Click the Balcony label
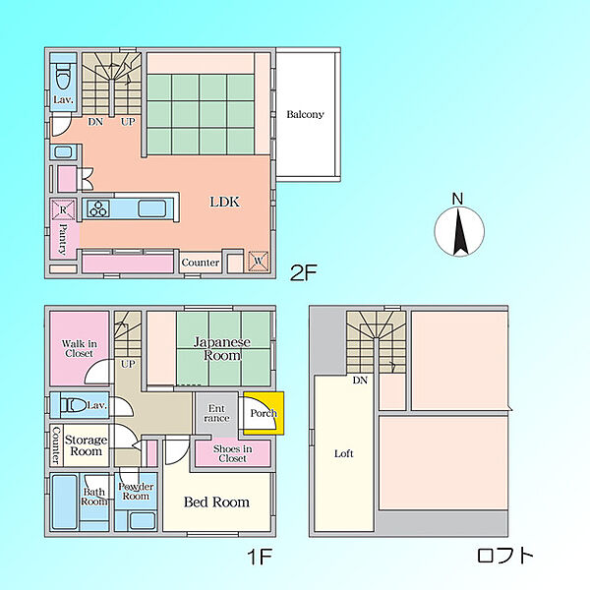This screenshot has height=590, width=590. pyautogui.click(x=305, y=114)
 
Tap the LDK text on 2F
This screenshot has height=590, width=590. pyautogui.click(x=224, y=202)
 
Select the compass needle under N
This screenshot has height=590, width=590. pyautogui.click(x=459, y=232)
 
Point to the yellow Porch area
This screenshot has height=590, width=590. pyautogui.click(x=264, y=413)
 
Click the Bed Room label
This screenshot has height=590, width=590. pyautogui.click(x=216, y=501)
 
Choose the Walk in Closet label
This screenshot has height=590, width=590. pyautogui.click(x=79, y=348)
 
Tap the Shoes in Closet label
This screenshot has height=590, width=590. pyautogui.click(x=232, y=453)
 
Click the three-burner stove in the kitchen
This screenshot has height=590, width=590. pyautogui.click(x=98, y=208)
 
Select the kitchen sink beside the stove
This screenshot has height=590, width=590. pyautogui.click(x=152, y=208)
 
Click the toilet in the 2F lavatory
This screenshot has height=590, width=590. pyautogui.click(x=63, y=77)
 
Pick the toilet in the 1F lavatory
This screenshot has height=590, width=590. pyautogui.click(x=74, y=405)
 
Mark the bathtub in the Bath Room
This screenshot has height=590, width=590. pyautogui.click(x=65, y=502)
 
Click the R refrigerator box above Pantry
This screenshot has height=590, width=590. pyautogui.click(x=63, y=210)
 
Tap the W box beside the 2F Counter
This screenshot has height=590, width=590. pyautogui.click(x=259, y=262)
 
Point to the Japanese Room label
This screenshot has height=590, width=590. pyautogui.click(x=222, y=349)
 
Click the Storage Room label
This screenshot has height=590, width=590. pyautogui.click(x=87, y=445)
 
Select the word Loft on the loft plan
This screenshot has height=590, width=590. pyautogui.click(x=344, y=453)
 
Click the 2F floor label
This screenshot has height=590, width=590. pyautogui.click(x=304, y=272)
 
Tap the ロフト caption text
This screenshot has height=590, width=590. pyautogui.click(x=505, y=556)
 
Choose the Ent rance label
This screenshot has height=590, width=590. pyautogui.click(x=216, y=413)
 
